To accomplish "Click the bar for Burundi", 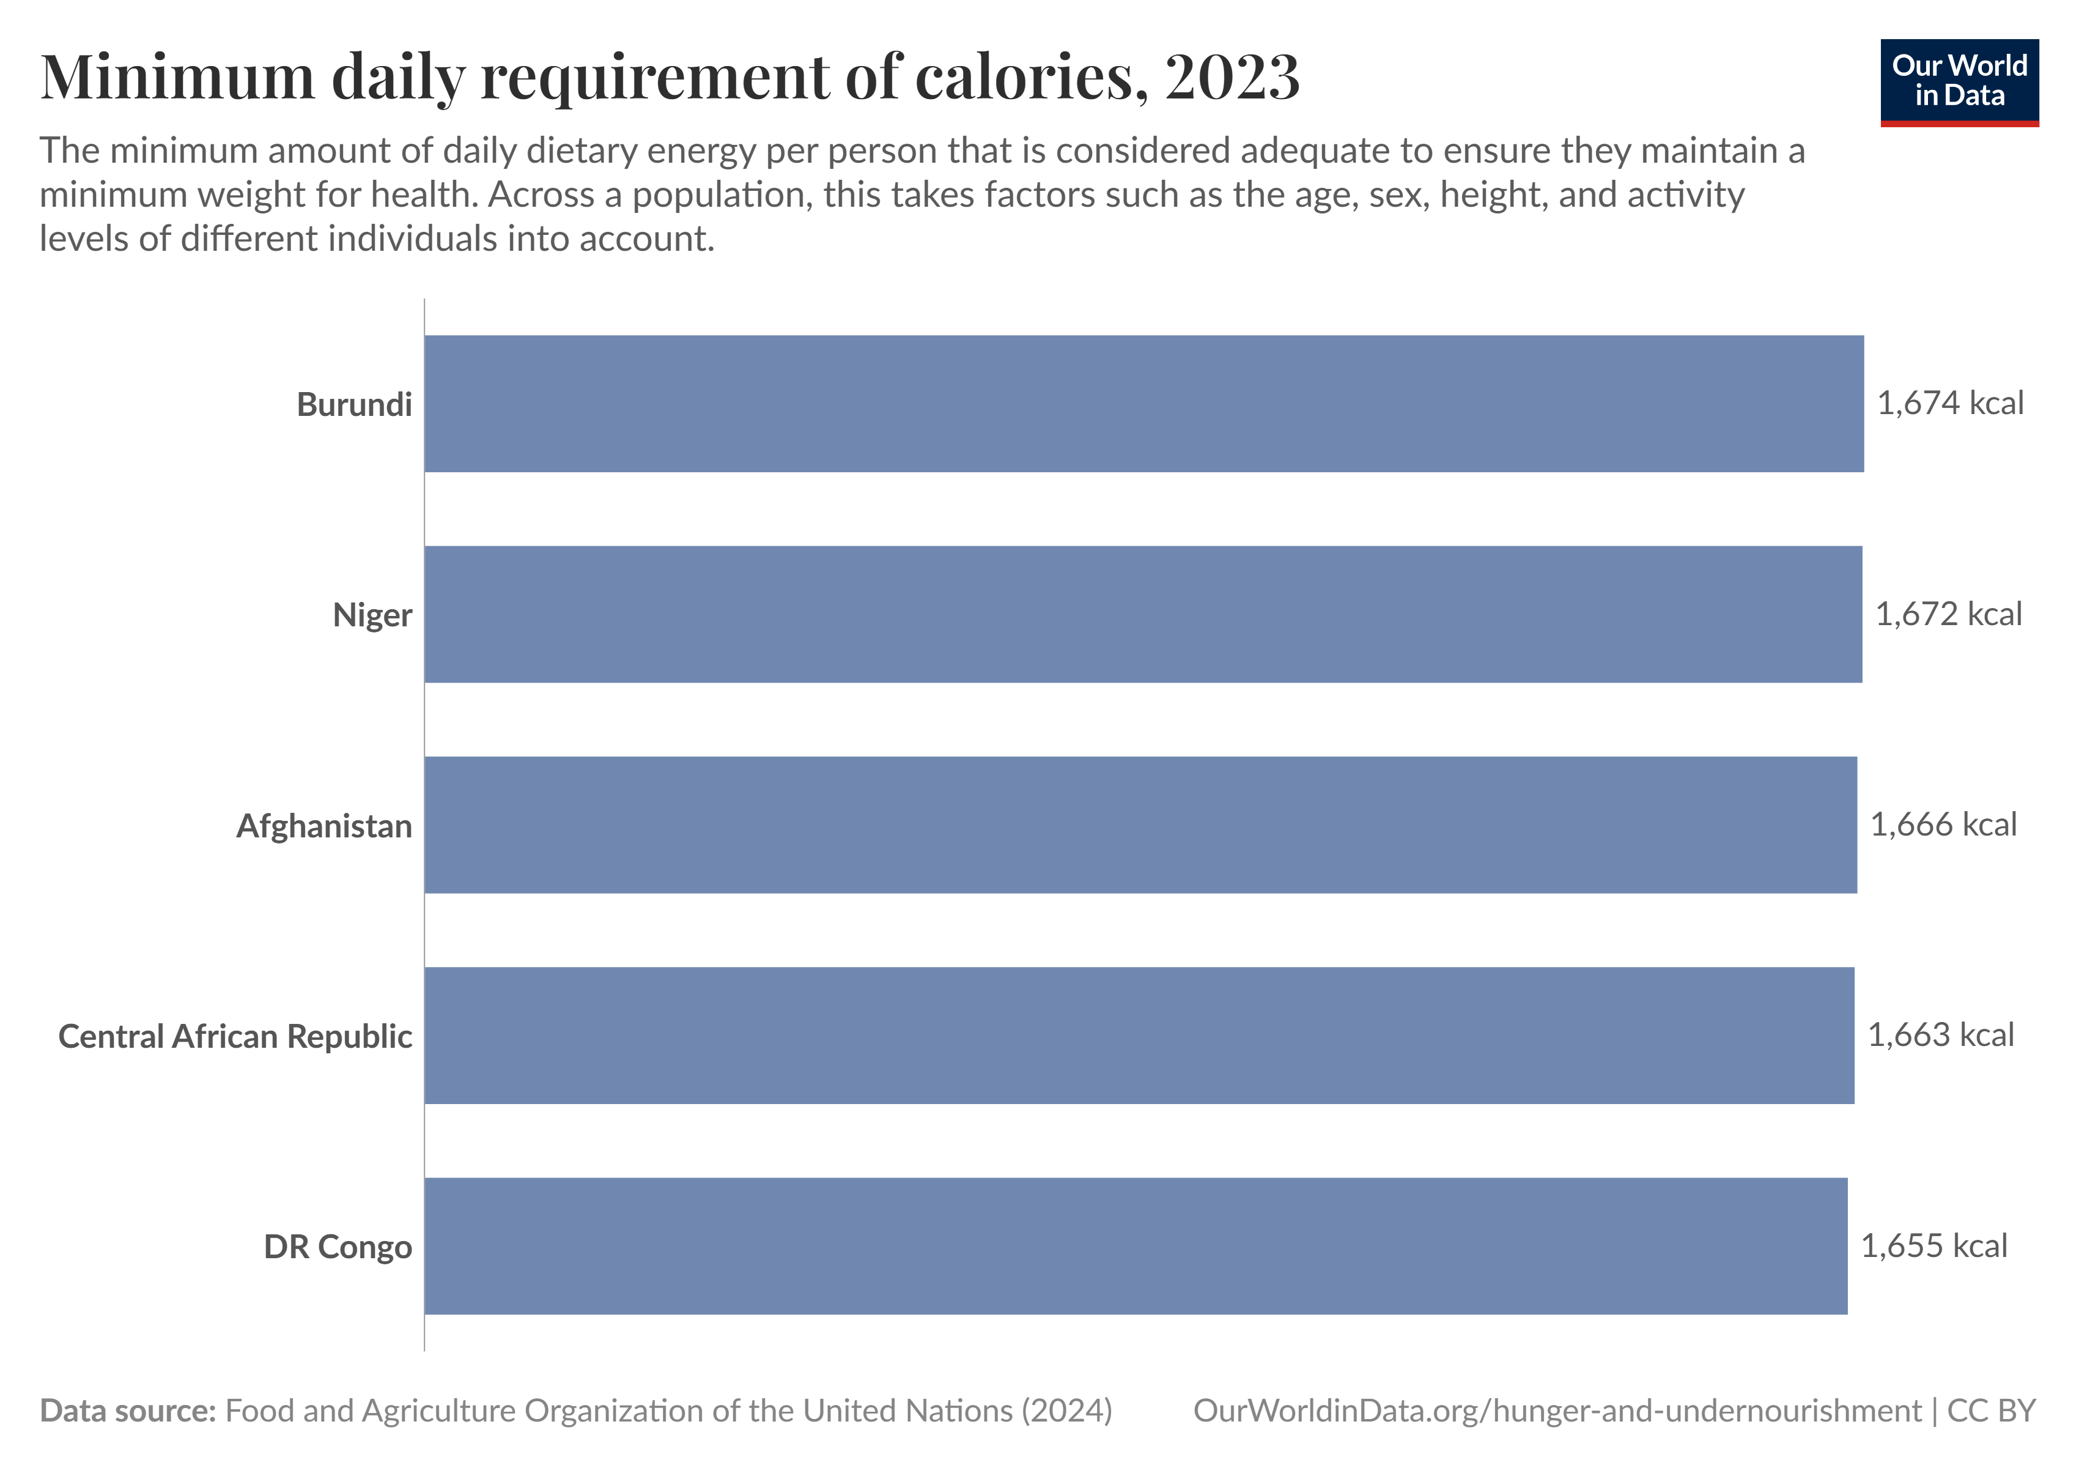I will [1143, 404].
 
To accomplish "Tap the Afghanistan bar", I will [1139, 825].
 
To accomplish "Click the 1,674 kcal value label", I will [1949, 404].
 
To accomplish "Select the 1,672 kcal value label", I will [1948, 614].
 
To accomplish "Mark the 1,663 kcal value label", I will [1940, 1035].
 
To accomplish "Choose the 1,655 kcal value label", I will [1933, 1246].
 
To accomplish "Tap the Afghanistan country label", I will [324, 826].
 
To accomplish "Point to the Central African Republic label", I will [235, 1036].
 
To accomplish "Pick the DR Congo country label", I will [338, 1247].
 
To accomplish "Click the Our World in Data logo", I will [1959, 81].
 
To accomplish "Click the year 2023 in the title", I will [1232, 77].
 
